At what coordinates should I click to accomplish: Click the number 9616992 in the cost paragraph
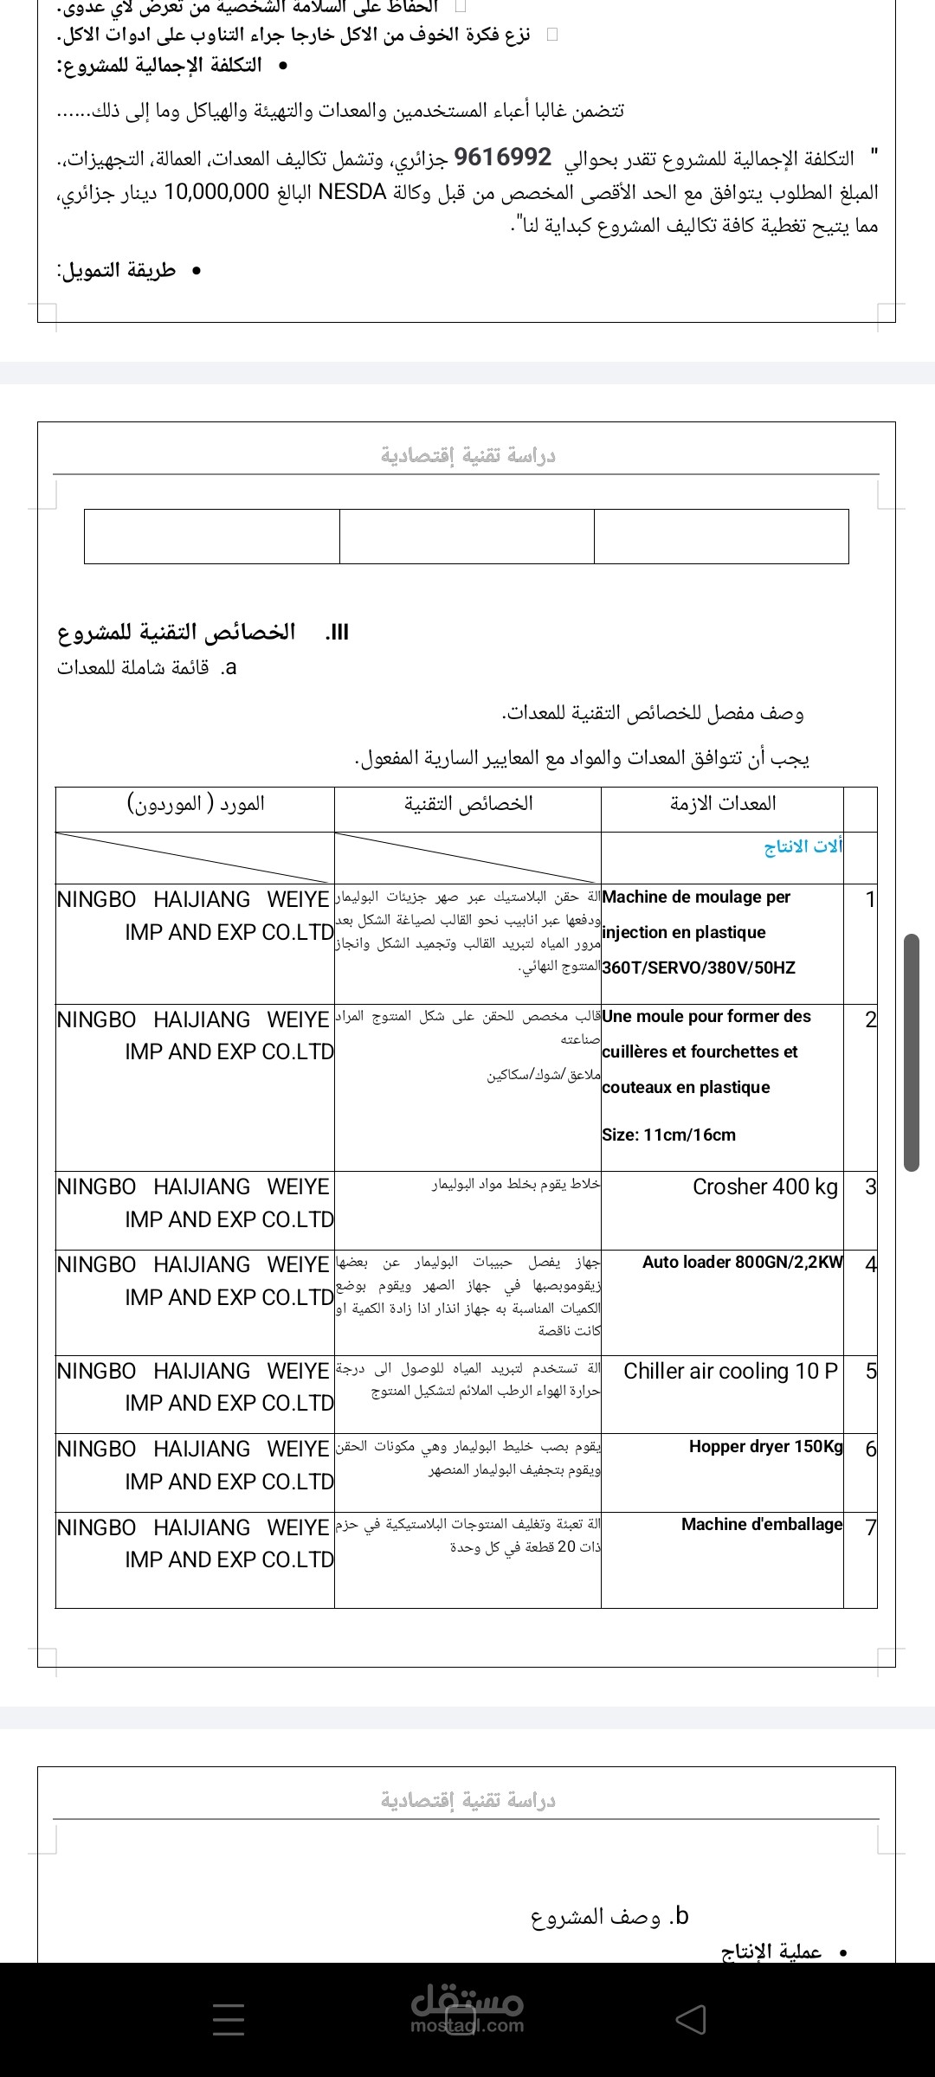tap(502, 158)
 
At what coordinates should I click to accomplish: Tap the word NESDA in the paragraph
tap(352, 192)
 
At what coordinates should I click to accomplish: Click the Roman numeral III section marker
tap(337, 633)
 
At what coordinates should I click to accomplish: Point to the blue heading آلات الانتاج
tap(803, 846)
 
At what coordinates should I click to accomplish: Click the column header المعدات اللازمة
tap(722, 804)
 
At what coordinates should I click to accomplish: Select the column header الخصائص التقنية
tap(468, 804)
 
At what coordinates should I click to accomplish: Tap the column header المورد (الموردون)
tap(196, 804)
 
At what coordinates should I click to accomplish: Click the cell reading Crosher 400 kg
tap(764, 1187)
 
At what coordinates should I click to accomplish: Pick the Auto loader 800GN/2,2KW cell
tap(742, 1263)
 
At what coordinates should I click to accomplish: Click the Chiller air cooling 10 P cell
tap(731, 1372)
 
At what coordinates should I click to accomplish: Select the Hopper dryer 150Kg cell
tap(765, 1447)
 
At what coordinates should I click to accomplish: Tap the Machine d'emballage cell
tap(761, 1525)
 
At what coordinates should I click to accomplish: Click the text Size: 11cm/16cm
tap(668, 1135)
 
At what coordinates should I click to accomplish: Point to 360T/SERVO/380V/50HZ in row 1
tap(698, 968)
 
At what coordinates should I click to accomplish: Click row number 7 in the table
tap(871, 1527)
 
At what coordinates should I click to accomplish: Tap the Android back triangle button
tap(690, 2020)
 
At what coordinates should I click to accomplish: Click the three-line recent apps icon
tap(229, 2020)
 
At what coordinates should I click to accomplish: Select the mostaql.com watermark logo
tap(467, 2009)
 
